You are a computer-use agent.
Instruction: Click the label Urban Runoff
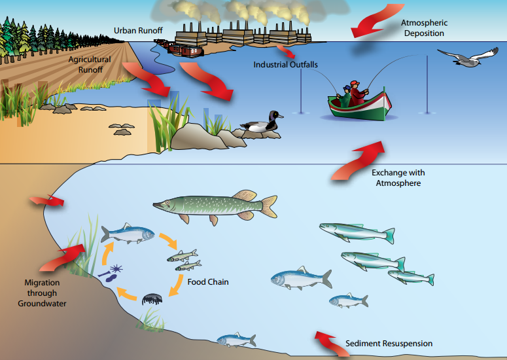pos(138,30)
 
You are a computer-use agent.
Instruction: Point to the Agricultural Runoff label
pos(90,63)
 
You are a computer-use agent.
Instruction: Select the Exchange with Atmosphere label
pos(398,178)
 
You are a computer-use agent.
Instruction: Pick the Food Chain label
pos(207,282)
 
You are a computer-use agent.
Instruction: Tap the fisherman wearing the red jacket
pos(356,92)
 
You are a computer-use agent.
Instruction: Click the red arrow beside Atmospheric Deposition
pos(372,23)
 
